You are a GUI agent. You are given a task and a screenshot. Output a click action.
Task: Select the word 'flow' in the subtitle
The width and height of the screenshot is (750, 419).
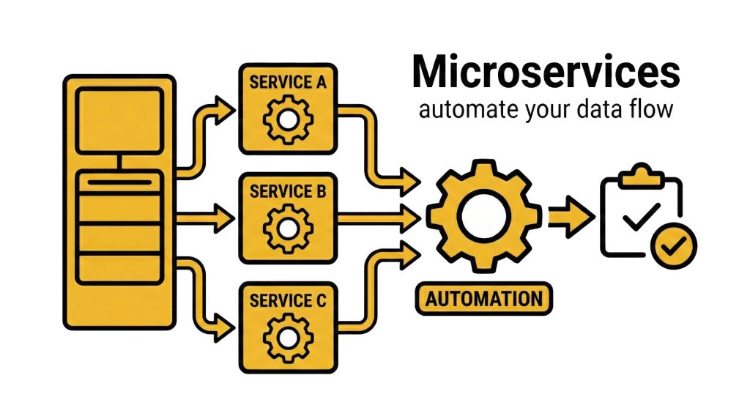click(652, 111)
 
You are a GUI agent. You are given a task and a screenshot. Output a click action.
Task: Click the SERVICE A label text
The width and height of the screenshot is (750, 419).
click(287, 82)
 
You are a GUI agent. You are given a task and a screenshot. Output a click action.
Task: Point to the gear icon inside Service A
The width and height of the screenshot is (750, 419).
click(288, 119)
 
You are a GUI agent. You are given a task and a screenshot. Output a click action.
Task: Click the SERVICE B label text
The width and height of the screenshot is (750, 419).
click(288, 192)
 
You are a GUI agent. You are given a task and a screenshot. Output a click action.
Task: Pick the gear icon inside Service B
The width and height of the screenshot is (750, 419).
click(288, 228)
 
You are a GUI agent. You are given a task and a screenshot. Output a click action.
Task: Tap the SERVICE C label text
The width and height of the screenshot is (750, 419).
click(288, 300)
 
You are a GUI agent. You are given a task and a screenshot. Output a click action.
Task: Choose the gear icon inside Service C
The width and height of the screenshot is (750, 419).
click(288, 336)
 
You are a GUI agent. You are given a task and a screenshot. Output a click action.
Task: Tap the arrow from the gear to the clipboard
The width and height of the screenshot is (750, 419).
click(571, 216)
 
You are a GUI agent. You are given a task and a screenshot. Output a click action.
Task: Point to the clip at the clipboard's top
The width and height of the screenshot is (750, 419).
click(640, 177)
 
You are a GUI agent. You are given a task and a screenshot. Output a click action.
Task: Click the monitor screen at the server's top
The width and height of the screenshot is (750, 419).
click(119, 120)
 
